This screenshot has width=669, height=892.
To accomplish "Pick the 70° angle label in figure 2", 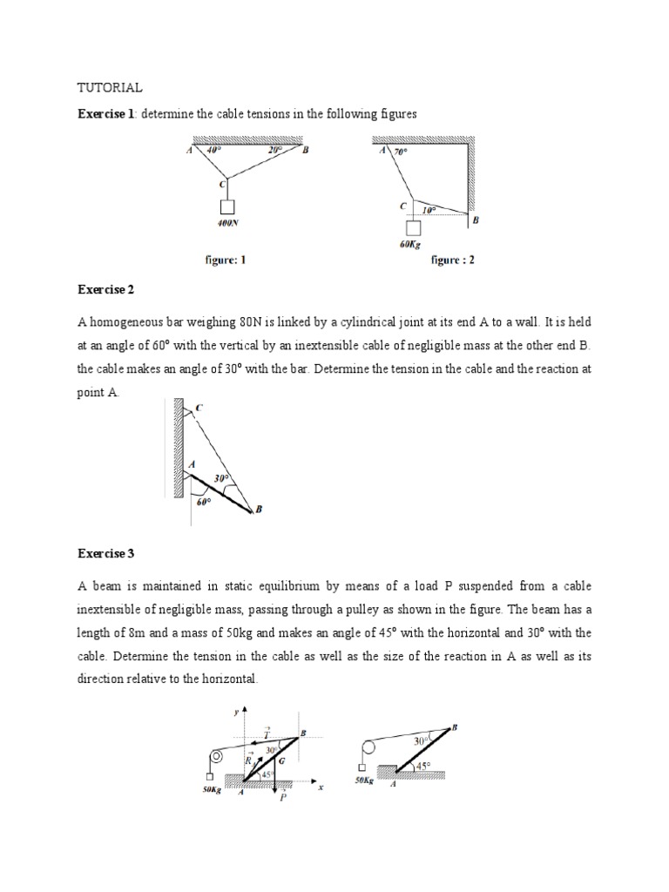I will (402, 152).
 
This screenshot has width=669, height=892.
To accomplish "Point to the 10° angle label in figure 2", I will (429, 210).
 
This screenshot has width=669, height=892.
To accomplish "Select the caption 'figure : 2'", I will (453, 260).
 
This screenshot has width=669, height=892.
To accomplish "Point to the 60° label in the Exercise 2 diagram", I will (203, 502).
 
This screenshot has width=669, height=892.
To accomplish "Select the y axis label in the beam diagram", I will (234, 713).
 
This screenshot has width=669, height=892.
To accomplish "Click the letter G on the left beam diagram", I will (280, 760).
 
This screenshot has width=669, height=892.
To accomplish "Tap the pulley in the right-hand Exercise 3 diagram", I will (368, 747).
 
